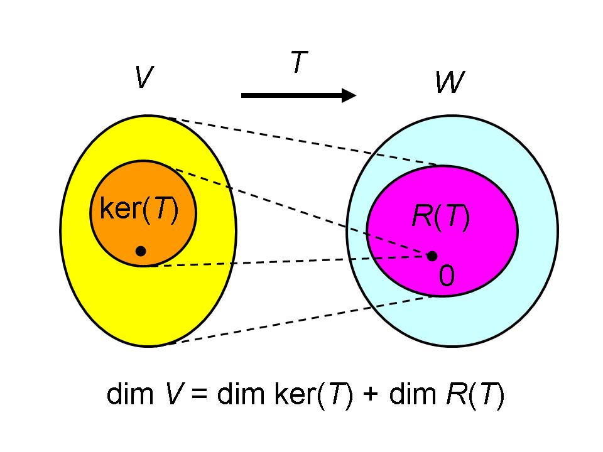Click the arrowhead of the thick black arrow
[349, 95]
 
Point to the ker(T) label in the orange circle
[139, 210]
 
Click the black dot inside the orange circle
[141, 250]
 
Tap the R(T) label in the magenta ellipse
[440, 217]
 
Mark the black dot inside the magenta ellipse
[432, 256]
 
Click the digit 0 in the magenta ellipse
[445, 276]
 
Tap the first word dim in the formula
[127, 396]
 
